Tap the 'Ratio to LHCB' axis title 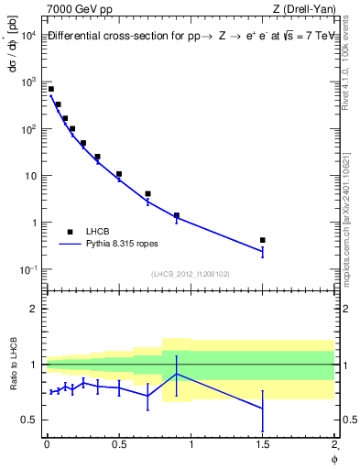pos(12,365)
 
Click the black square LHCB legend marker pos(70,232)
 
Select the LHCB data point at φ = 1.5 pos(263,240)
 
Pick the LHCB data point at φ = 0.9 pos(177,216)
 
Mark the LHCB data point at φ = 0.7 pos(147,194)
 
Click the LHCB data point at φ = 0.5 pos(119,174)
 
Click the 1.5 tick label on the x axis pos(263,444)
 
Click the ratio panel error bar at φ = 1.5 pos(263,409)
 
